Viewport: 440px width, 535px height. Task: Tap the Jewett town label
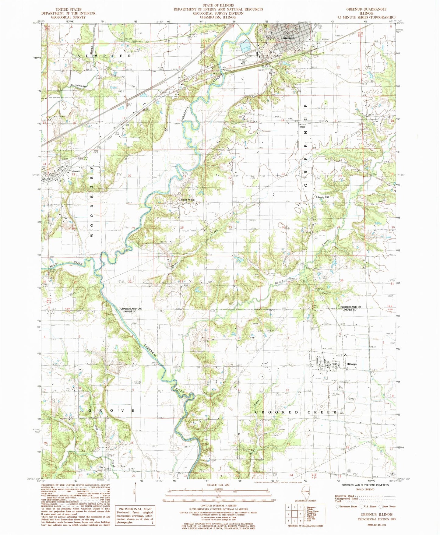(76, 171)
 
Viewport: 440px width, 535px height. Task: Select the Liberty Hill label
(323, 197)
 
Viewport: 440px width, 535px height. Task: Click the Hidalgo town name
(351, 364)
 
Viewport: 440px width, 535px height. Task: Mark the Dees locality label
(303, 127)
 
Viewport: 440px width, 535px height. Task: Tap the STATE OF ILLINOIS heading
(218, 5)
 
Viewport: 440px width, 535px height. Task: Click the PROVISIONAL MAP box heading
(134, 509)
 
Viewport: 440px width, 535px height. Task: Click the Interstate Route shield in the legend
(337, 507)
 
